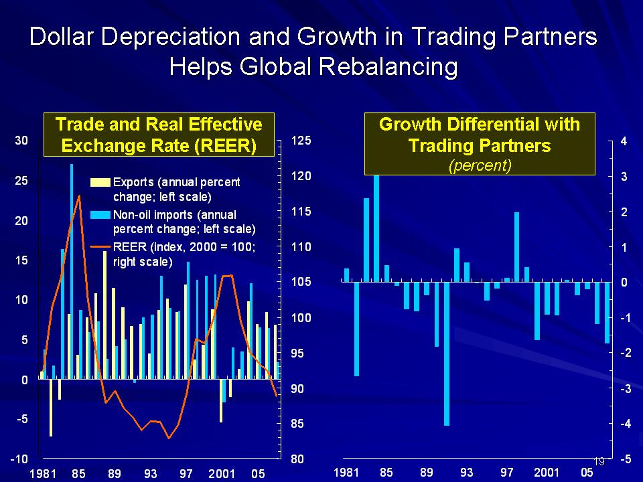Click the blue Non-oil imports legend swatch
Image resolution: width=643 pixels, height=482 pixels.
pyautogui.click(x=101, y=215)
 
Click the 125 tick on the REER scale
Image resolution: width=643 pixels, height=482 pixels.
pyautogui.click(x=299, y=141)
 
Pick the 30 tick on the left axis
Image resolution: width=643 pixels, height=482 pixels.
pyautogui.click(x=21, y=141)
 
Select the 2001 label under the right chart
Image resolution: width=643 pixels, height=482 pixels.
pyautogui.click(x=547, y=473)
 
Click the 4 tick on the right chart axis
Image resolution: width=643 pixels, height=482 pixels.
pyautogui.click(x=624, y=141)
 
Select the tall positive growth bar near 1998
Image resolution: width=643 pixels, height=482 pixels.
pyautogui.click(x=516, y=246)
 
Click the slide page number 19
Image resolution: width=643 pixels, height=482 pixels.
pyautogui.click(x=599, y=461)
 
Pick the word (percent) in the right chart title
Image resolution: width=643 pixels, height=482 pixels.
pyautogui.click(x=479, y=166)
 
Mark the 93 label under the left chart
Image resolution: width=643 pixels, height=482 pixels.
pyautogui.click(x=150, y=474)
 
